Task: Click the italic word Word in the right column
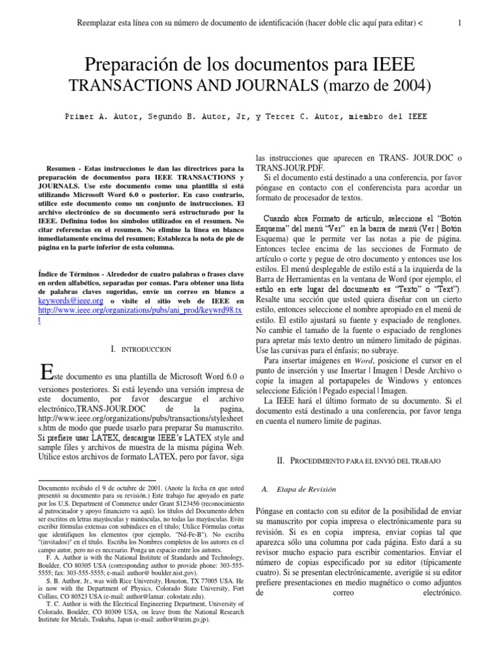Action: [363, 360]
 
